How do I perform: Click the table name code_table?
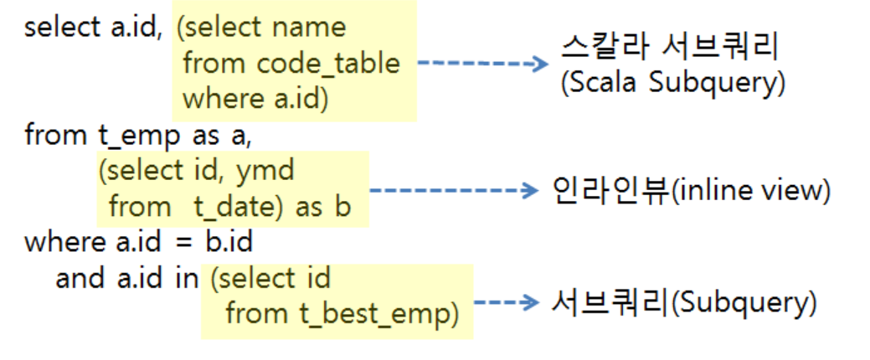coord(328,63)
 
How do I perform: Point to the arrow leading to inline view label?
coord(452,191)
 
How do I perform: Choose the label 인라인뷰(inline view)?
coord(691,191)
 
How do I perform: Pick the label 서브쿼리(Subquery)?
coord(683,301)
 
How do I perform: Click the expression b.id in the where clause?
coord(230,243)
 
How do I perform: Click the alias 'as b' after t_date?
coord(322,207)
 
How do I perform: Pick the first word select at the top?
coord(62,27)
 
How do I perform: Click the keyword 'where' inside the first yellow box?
coord(219,99)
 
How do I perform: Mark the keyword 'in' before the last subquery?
coord(186,279)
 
